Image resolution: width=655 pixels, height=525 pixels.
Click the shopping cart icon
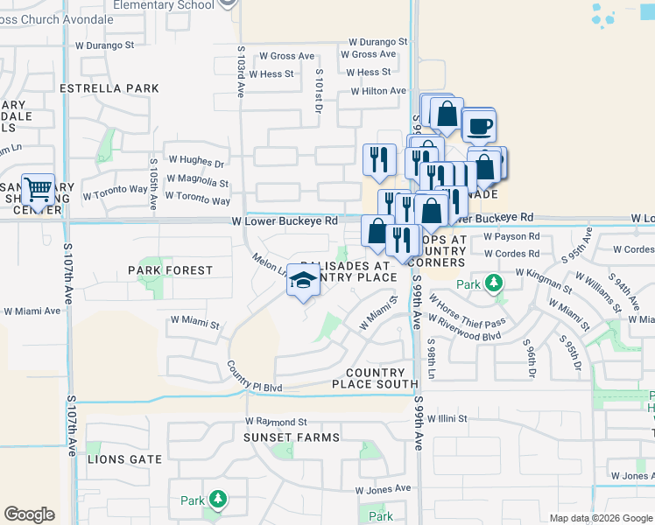pyautogui.click(x=38, y=189)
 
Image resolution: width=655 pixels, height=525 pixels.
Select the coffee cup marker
pyautogui.click(x=478, y=125)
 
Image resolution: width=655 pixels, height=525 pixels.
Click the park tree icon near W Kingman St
pyautogui.click(x=495, y=283)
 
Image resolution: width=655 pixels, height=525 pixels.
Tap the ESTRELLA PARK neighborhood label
pyautogui.click(x=109, y=88)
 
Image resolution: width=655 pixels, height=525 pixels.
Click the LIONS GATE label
pyautogui.click(x=125, y=459)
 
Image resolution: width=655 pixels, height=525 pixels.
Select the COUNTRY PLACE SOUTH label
pyautogui.click(x=375, y=378)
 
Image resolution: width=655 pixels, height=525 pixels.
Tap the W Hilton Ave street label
pyautogui.click(x=378, y=91)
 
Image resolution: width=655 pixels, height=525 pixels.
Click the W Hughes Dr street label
pyautogui.click(x=196, y=164)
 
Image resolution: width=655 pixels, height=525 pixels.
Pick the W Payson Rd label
pyautogui.click(x=510, y=236)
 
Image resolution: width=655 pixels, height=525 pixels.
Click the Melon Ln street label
pyautogui.click(x=269, y=265)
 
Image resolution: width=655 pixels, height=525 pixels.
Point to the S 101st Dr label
pyautogui.click(x=320, y=91)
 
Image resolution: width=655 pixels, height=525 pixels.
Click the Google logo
pyautogui.click(x=30, y=514)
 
